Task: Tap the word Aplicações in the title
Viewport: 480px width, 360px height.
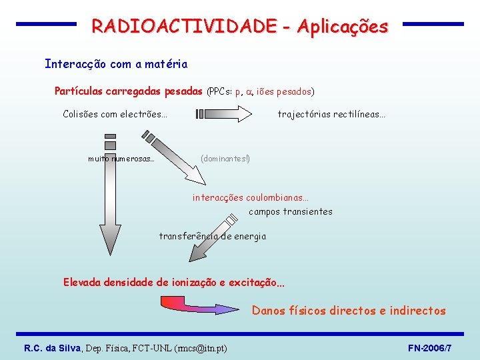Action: tap(343, 26)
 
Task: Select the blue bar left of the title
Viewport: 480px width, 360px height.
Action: tap(46, 24)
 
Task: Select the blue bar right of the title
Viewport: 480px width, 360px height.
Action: tap(433, 24)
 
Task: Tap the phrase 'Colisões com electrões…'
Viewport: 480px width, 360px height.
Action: tap(115, 114)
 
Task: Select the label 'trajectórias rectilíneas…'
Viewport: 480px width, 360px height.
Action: tap(331, 114)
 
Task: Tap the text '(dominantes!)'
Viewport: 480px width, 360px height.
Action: tap(225, 159)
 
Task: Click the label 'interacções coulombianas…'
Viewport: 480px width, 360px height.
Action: tap(251, 197)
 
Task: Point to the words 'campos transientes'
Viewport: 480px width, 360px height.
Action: tap(291, 211)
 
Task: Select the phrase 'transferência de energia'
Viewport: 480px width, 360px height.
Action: tap(213, 236)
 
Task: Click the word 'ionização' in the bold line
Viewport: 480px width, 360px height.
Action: tap(200, 282)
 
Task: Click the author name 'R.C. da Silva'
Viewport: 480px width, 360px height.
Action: tap(52, 348)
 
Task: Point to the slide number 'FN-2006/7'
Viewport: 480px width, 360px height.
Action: tap(429, 348)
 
